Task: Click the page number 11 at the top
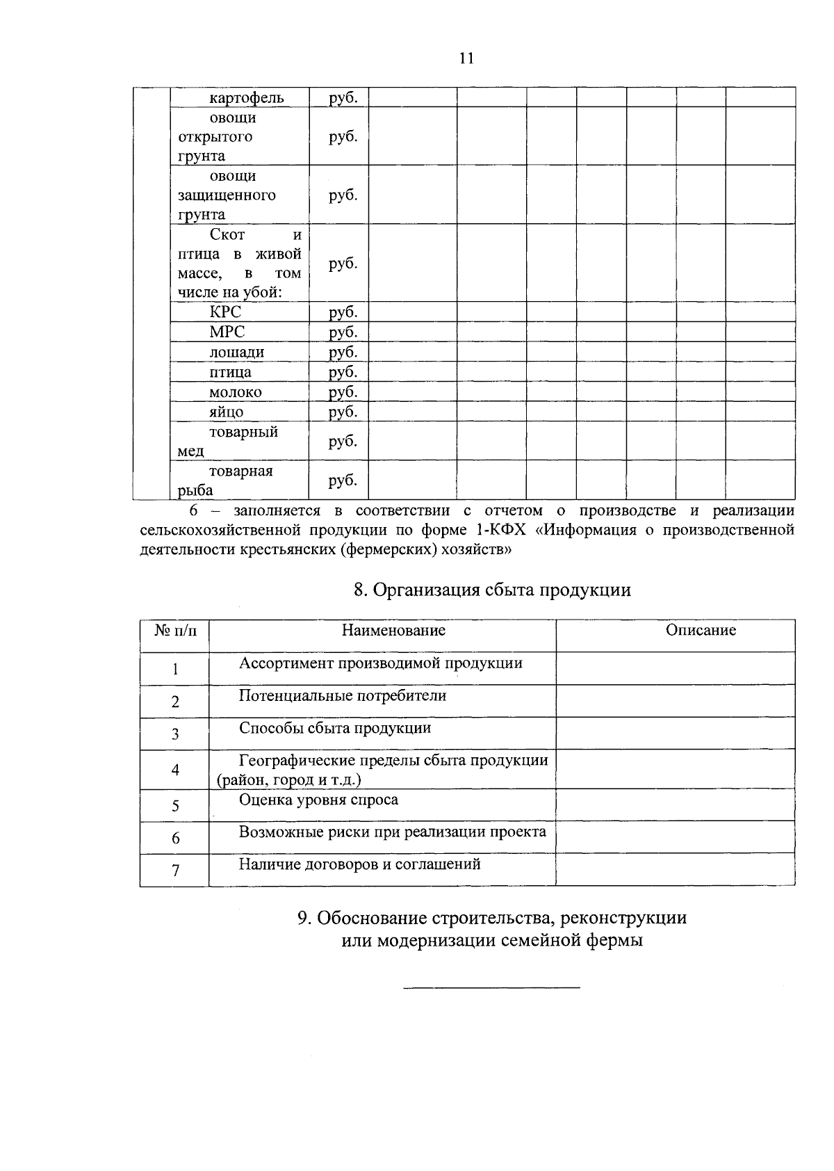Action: [466, 58]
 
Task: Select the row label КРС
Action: [225, 312]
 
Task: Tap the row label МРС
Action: [227, 332]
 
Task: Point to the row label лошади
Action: [236, 352]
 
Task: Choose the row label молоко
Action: [236, 392]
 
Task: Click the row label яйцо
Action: [227, 412]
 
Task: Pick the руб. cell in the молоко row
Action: [343, 392]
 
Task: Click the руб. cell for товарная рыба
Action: [343, 480]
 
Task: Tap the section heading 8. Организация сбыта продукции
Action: [492, 590]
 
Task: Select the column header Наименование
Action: [393, 630]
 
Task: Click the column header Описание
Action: [701, 630]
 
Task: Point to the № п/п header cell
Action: [174, 631]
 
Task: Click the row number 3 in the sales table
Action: [175, 734]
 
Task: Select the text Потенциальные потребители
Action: [343, 695]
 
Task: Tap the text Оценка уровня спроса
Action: [318, 800]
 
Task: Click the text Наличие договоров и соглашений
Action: [359, 864]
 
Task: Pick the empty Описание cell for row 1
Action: [675, 668]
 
